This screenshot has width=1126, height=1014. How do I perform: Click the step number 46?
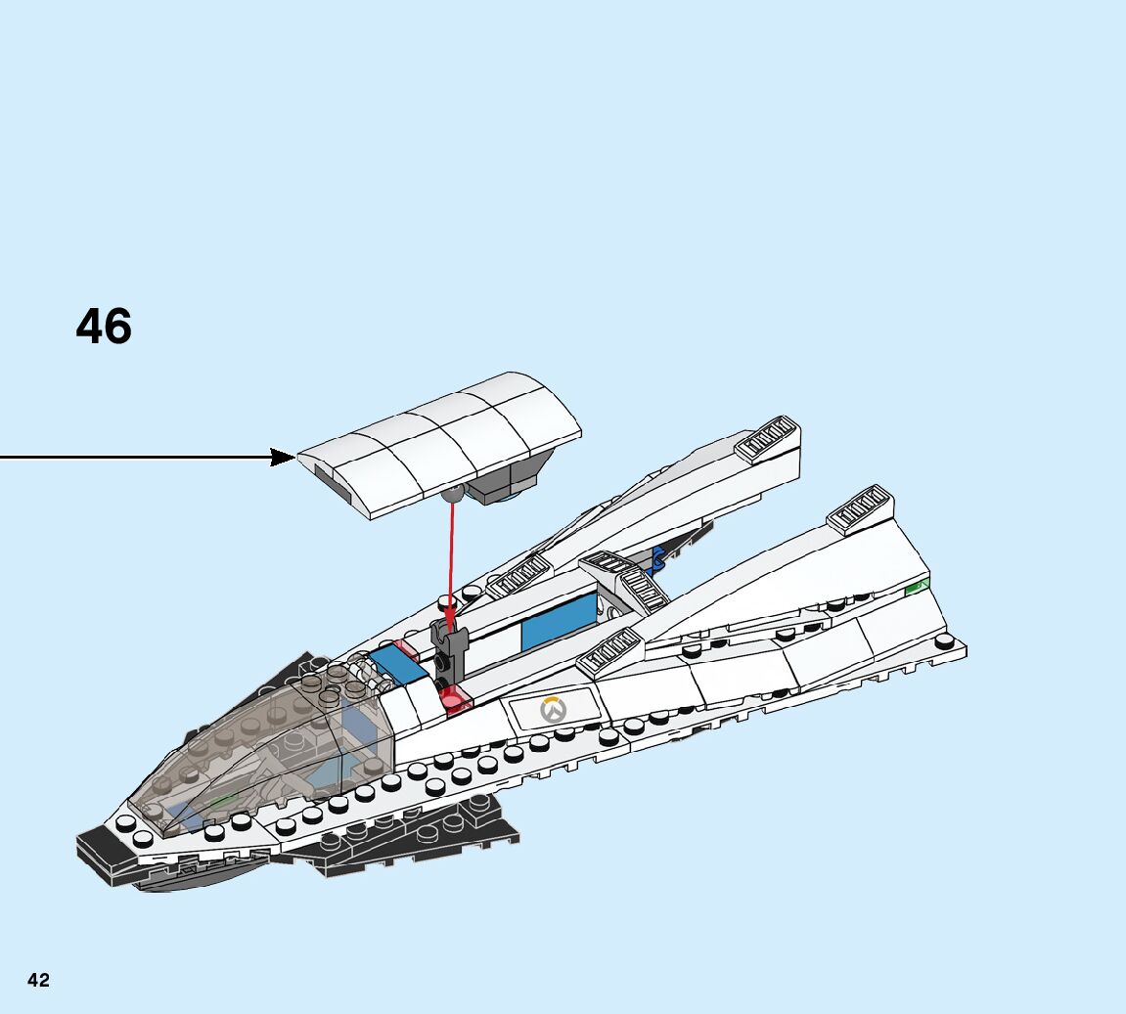click(x=104, y=327)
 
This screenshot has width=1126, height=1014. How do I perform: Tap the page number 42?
click(x=38, y=981)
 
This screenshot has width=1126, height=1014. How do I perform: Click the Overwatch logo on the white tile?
click(x=555, y=710)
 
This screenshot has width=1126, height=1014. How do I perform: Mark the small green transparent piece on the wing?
click(x=916, y=588)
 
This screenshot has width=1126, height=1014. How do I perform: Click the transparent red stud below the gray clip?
click(x=453, y=698)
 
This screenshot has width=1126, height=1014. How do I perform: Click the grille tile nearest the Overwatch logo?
click(x=610, y=651)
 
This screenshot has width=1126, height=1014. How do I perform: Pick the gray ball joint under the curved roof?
click(x=451, y=494)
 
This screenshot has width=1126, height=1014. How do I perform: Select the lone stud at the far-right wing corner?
click(x=945, y=642)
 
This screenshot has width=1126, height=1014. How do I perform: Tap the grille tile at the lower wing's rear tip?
click(x=860, y=507)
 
